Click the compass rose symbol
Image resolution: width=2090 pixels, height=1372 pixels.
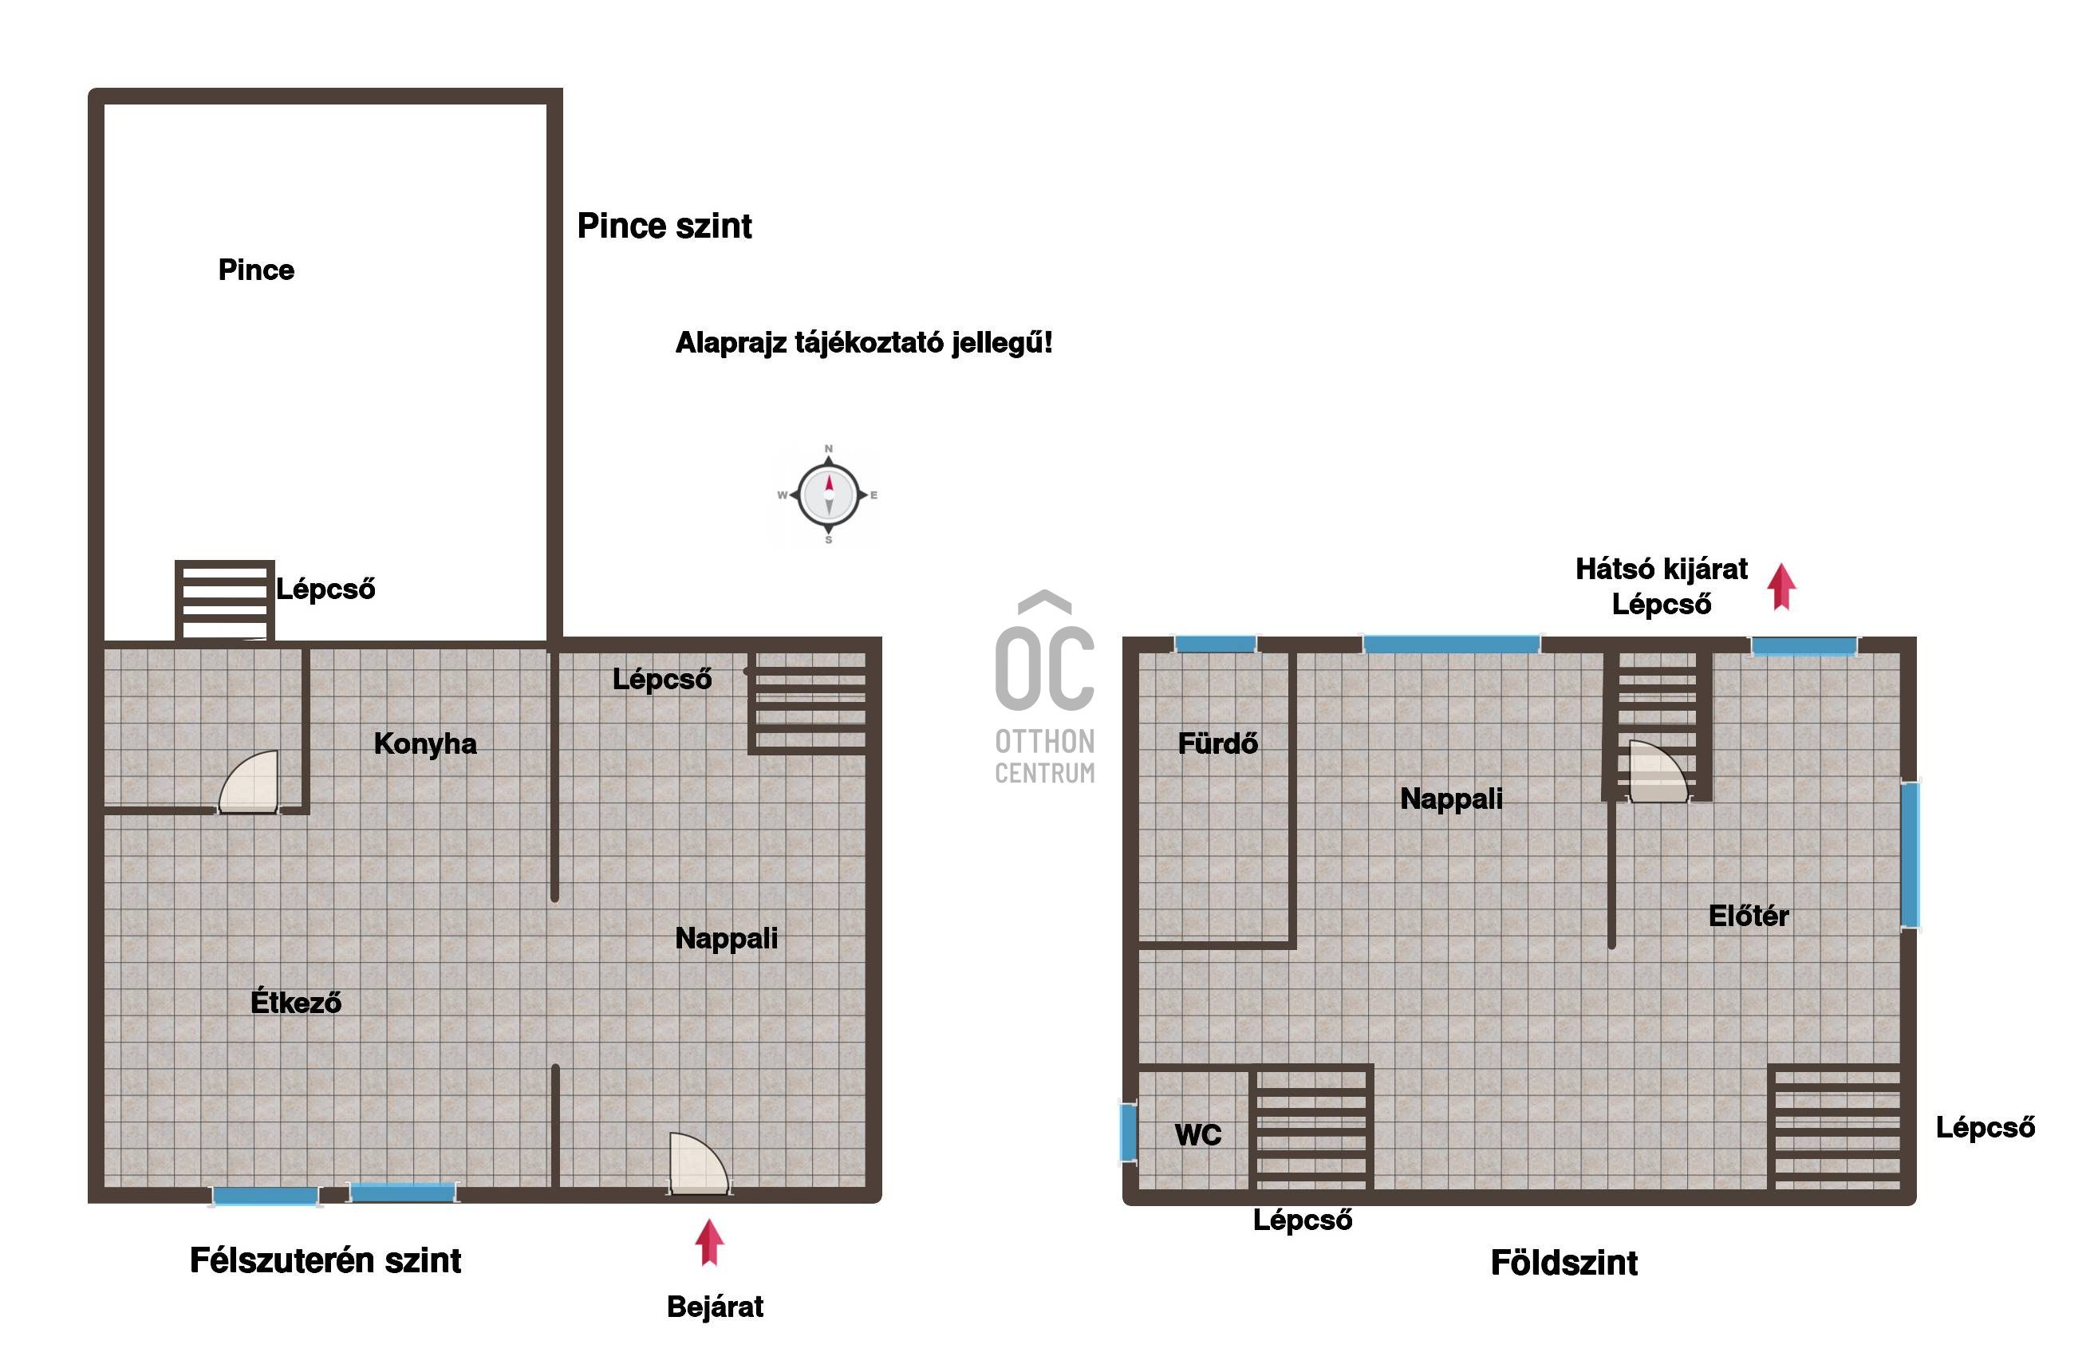tap(828, 495)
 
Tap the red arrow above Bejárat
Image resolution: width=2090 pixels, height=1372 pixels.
tap(709, 1242)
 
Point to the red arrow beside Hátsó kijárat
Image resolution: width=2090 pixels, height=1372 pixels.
tap(1781, 587)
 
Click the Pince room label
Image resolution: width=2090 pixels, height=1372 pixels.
tap(256, 270)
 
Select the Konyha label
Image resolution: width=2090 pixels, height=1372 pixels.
tap(425, 744)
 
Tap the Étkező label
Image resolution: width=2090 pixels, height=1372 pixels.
tap(296, 1001)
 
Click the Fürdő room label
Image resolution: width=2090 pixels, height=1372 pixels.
tap(1217, 743)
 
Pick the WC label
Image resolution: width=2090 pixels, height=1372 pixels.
tap(1198, 1135)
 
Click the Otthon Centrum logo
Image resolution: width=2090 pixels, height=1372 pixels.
tap(1045, 686)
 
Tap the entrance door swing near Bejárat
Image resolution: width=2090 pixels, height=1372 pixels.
tap(698, 1163)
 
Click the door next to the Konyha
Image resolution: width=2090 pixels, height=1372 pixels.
tap(249, 781)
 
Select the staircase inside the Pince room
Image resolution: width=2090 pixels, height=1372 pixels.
tap(225, 601)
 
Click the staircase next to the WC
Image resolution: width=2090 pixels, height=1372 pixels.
tap(1312, 1128)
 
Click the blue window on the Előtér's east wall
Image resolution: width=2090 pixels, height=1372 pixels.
tap(1910, 854)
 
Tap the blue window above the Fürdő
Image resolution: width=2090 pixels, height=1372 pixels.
tap(1216, 644)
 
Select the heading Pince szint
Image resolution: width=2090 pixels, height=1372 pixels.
tap(664, 226)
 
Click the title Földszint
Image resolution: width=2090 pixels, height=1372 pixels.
tap(1564, 1263)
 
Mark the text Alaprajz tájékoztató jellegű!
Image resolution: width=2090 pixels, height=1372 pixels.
tap(863, 342)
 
